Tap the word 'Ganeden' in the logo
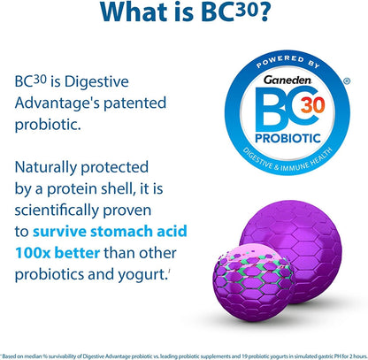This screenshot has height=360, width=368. pos(287,80)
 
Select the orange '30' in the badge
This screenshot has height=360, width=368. pos(313,105)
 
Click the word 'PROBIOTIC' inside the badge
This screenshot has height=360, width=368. pos(287,138)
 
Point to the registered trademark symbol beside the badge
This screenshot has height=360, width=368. pos(347,80)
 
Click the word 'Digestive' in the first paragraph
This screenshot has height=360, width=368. pos(96,82)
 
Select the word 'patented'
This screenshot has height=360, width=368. pos(134,103)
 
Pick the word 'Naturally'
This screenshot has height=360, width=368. pos(46,168)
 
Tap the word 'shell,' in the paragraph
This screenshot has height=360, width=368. pos(119,188)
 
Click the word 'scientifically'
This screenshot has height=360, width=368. pos(57,211)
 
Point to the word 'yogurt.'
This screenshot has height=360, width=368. pos(142,275)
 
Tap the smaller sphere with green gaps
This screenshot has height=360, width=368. pos(253,283)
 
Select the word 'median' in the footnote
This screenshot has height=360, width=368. pos(34,356)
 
